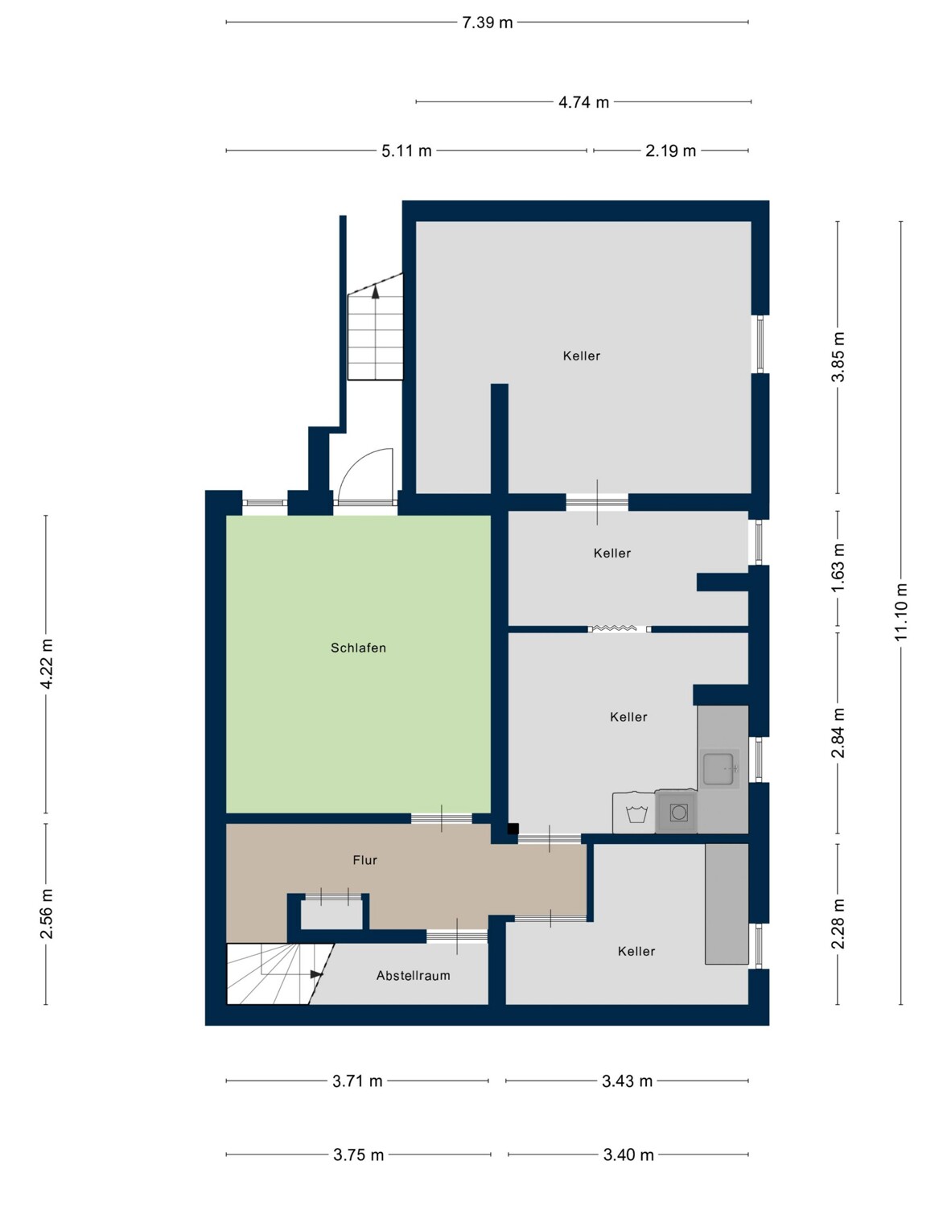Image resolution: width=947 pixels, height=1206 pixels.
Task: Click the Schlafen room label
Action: click(358, 648)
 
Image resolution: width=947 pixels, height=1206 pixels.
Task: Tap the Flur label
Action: click(365, 860)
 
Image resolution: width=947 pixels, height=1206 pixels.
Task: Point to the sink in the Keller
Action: click(719, 768)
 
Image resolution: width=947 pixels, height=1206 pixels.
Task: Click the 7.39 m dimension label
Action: click(488, 23)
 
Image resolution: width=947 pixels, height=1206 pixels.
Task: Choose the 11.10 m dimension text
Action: click(900, 612)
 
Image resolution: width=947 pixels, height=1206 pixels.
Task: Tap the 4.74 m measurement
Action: click(583, 102)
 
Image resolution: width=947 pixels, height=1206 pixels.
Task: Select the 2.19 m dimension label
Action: click(670, 151)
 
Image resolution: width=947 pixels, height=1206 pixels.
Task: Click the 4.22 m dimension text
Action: click(47, 664)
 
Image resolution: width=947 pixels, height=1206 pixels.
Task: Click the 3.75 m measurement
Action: click(358, 1155)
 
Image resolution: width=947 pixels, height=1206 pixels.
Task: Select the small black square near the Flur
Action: click(513, 829)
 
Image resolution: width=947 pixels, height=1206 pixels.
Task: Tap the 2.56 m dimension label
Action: click(47, 914)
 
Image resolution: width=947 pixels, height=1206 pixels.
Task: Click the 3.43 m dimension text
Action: click(627, 1081)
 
